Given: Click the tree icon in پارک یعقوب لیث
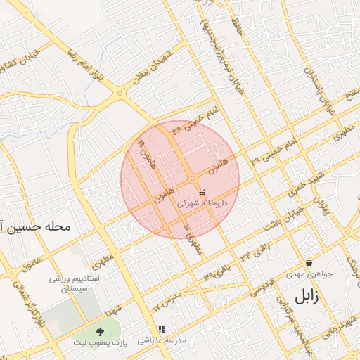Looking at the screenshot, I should (97, 331).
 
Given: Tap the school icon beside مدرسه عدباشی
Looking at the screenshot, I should (162, 328).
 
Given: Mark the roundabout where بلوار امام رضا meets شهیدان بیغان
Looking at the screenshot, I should (120, 93).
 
